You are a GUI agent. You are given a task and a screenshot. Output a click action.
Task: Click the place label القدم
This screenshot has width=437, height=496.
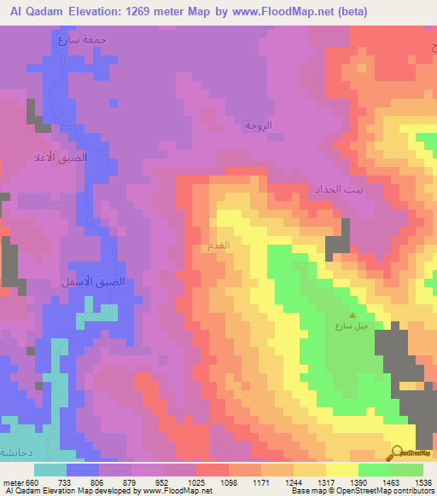click(218, 245)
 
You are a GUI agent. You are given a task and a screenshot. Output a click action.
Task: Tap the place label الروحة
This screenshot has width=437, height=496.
click(258, 125)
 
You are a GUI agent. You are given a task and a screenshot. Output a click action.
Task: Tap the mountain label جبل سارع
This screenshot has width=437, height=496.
click(350, 326)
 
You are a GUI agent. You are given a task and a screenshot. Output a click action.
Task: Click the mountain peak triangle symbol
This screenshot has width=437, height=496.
click(351, 314)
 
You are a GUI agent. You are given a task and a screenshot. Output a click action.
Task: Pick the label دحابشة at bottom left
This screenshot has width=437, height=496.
click(20, 453)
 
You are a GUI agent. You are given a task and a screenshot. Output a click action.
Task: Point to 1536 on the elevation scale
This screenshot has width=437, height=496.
click(423, 482)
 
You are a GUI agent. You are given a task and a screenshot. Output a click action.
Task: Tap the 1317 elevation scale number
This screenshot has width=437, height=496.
click(326, 482)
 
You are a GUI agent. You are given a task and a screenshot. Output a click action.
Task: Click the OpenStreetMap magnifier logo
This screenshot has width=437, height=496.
click(399, 453)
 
